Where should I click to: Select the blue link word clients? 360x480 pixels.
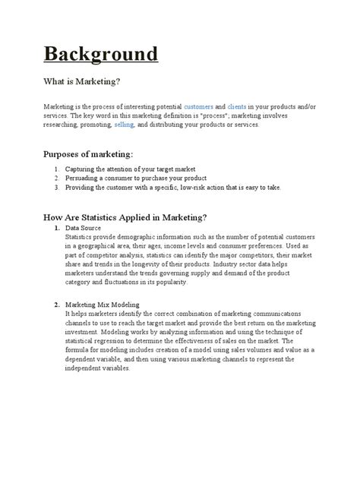pos(238,108)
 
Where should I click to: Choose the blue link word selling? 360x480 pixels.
pos(124,125)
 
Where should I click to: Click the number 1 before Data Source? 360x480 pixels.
pos(57,228)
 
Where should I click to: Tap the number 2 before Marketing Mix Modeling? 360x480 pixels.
pos(57,305)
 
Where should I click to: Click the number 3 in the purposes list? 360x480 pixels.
pos(57,186)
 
